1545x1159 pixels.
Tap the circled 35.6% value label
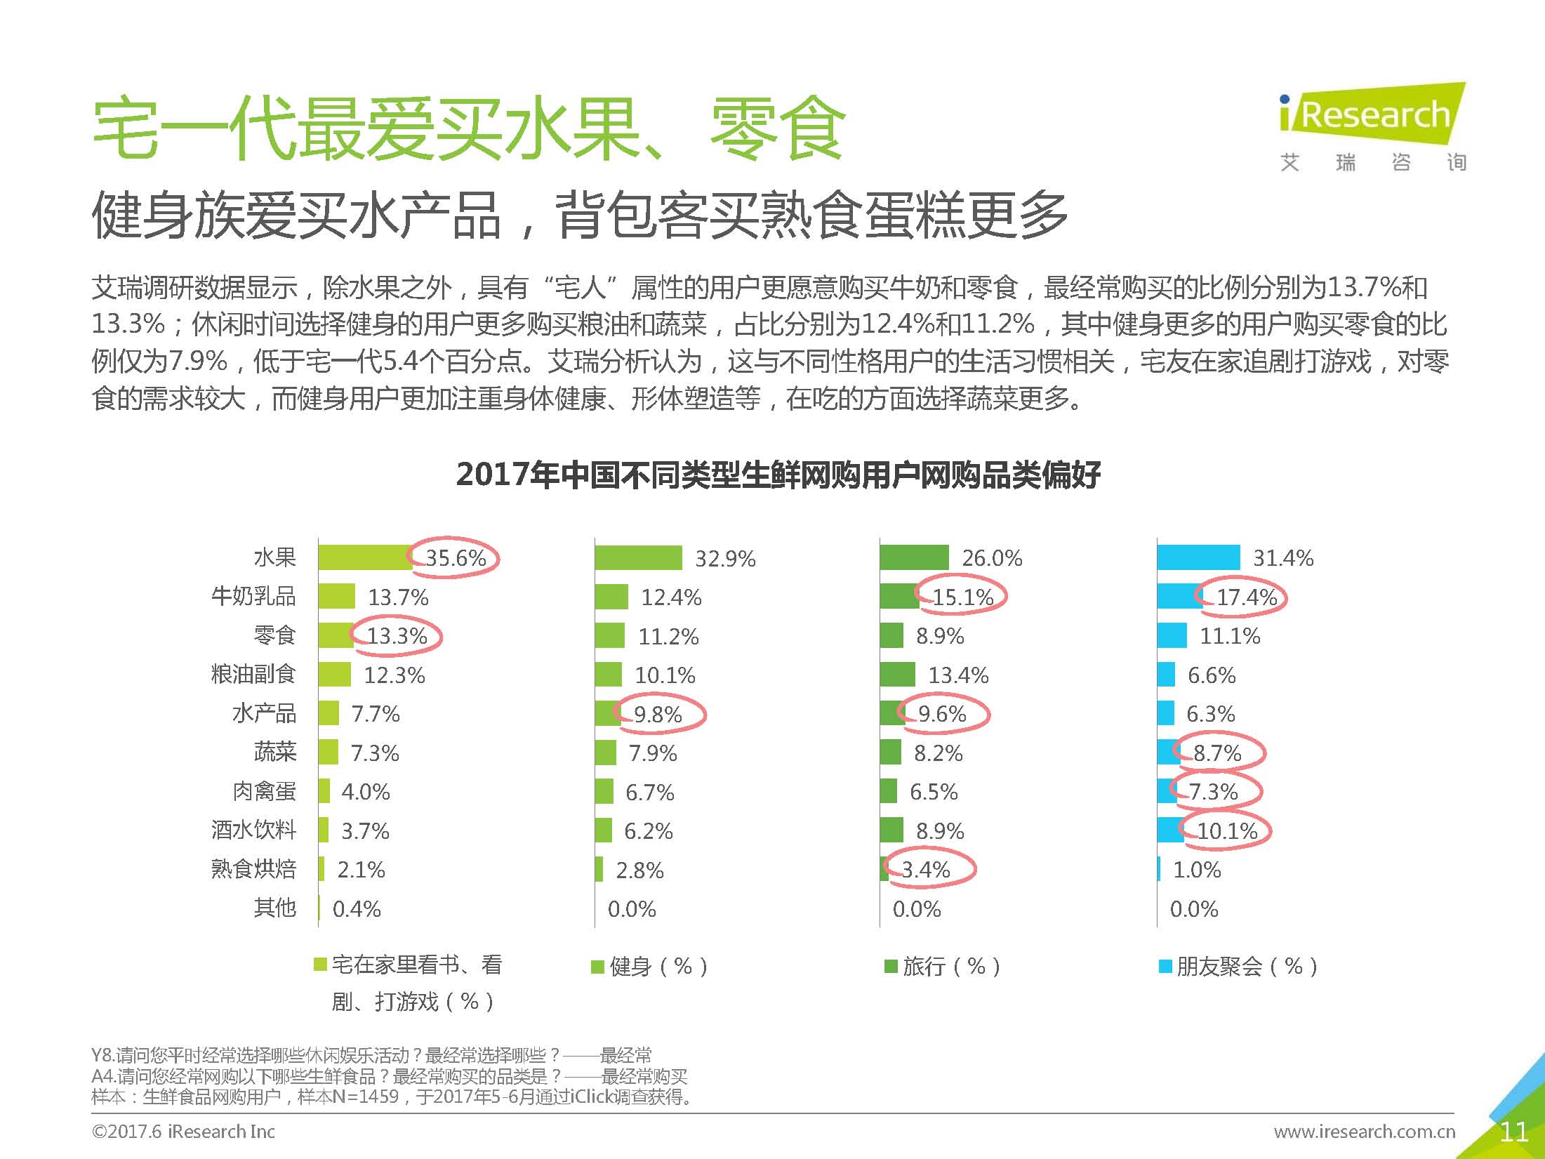coord(456,558)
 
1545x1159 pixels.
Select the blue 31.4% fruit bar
coord(1198,557)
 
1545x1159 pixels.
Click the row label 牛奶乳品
coord(253,597)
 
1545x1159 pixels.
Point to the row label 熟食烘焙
coord(253,869)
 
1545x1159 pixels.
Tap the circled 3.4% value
coord(926,870)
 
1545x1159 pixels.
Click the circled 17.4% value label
coord(1246,597)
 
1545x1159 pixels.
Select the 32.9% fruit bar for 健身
coord(638,558)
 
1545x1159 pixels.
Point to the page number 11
coord(1513,1132)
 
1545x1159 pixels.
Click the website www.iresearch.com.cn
coord(1364,1132)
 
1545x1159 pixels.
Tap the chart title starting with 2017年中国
coord(778,475)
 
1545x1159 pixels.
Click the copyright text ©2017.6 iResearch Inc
coord(183,1132)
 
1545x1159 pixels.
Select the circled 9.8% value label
coord(658,715)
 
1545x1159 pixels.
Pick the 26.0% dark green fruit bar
coord(914,557)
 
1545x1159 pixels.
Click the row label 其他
coord(274,908)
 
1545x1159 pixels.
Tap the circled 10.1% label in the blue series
coord(1226,831)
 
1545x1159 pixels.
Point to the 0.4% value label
coord(357,909)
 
